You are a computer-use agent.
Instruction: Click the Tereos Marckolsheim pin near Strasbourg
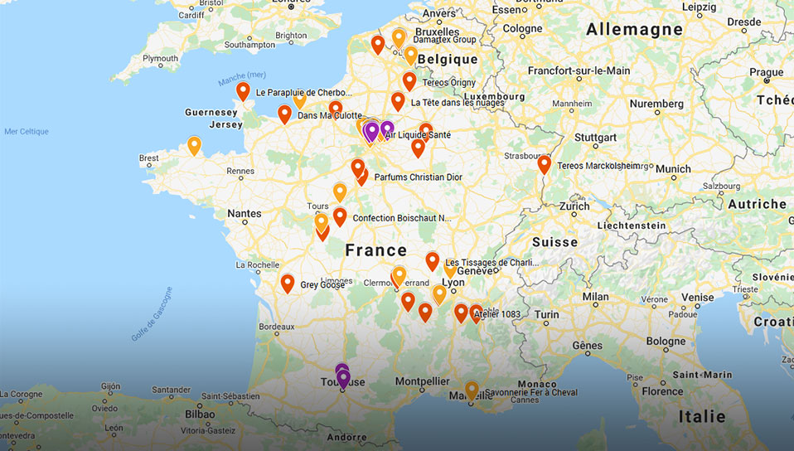544,163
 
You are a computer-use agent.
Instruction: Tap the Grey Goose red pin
288,283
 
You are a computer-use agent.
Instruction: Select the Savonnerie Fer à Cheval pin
472,390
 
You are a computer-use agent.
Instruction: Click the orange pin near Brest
194,145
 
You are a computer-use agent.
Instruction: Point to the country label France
376,250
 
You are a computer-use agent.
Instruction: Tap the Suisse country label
554,242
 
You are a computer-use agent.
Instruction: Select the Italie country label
701,416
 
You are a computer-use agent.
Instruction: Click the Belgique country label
448,60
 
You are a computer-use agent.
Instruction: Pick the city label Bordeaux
277,327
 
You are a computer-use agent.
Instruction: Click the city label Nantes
244,213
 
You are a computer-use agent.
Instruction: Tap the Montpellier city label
423,381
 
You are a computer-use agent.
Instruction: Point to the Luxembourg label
494,97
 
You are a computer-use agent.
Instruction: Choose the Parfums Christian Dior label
418,177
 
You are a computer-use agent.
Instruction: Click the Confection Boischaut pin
340,216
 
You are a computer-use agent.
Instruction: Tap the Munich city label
672,168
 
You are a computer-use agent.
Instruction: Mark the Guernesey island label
211,112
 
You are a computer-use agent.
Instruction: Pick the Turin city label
546,315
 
